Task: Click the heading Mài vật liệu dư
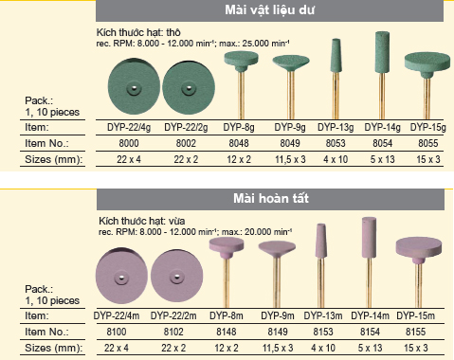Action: [269, 9]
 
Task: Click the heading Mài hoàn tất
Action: [271, 198]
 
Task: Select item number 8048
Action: [239, 143]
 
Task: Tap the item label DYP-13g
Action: [336, 127]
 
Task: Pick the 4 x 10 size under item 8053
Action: [336, 159]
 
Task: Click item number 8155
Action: [415, 332]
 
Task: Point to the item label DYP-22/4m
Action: [117, 315]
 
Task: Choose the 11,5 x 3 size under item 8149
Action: [278, 348]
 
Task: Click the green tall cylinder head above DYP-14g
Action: [382, 52]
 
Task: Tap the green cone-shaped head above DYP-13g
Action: [336, 56]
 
